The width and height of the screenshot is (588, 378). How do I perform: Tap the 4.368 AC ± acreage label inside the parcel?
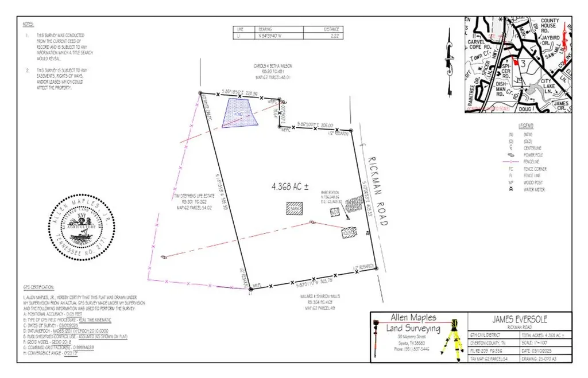[x=290, y=186]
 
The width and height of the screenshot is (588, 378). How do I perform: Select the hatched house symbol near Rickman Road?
[x=348, y=233]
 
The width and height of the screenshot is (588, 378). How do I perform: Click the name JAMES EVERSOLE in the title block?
[x=521, y=319]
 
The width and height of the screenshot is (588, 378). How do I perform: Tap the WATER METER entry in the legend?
[x=534, y=190]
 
